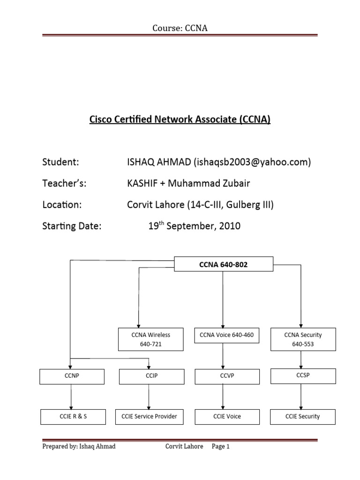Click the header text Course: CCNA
point(180,29)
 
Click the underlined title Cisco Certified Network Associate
point(180,120)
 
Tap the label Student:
point(60,162)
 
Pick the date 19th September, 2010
point(195,226)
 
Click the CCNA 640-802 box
point(223,264)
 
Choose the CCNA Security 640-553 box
point(303,339)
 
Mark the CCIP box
point(149,376)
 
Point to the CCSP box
point(303,375)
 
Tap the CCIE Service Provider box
point(149,416)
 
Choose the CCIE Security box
point(303,416)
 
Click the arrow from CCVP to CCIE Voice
point(223,396)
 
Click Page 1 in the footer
point(220,447)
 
